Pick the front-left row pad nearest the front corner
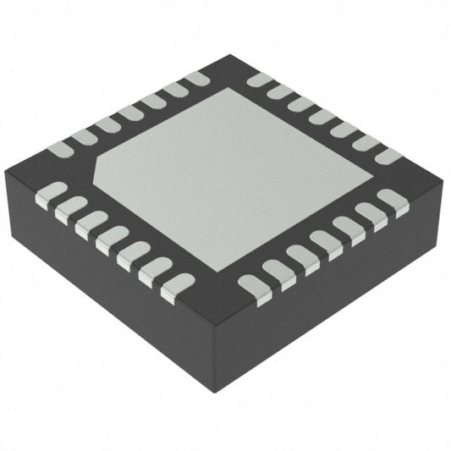(x=177, y=287)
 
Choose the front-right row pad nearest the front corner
(x=253, y=287)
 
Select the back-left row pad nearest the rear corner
(x=196, y=80)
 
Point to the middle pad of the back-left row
(x=131, y=113)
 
